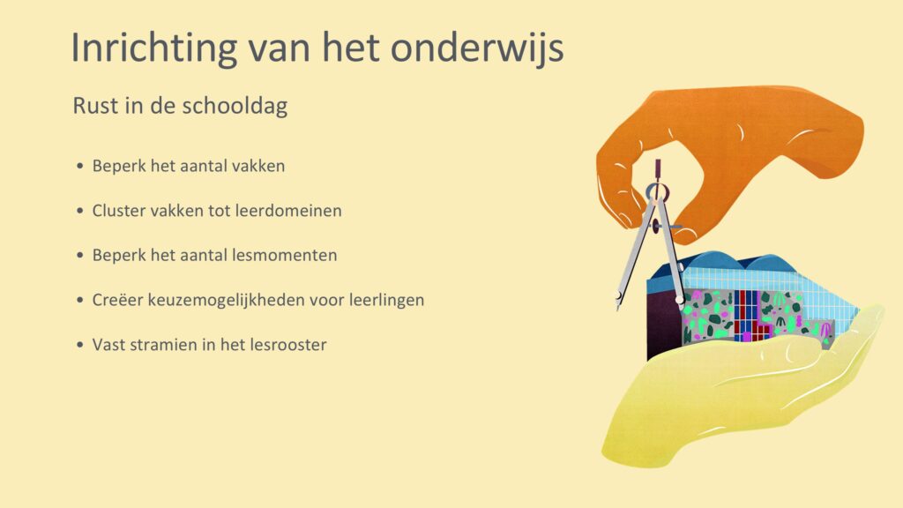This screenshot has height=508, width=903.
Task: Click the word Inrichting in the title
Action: [153, 48]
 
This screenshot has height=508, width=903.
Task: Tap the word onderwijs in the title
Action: [477, 47]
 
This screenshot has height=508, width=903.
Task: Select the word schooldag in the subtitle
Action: [234, 107]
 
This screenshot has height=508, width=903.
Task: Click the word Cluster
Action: [119, 211]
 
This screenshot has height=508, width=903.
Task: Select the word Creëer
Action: [117, 300]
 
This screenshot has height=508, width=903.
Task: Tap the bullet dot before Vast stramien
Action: [80, 345]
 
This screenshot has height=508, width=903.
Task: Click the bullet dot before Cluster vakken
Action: [80, 211]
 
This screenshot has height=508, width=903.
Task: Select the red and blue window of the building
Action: [748, 316]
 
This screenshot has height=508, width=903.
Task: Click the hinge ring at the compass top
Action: [658, 191]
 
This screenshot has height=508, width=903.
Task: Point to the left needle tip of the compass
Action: [617, 306]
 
